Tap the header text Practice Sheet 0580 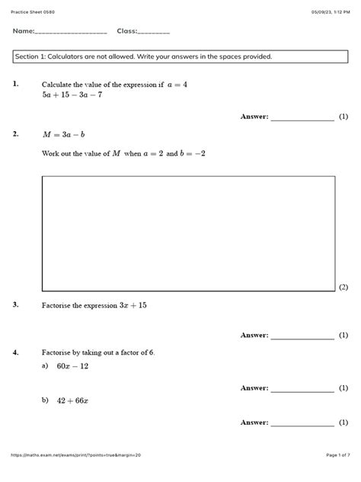tap(28, 12)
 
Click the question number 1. tap(15, 84)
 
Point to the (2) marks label tap(343, 287)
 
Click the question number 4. tap(15, 352)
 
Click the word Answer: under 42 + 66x tap(254, 422)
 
